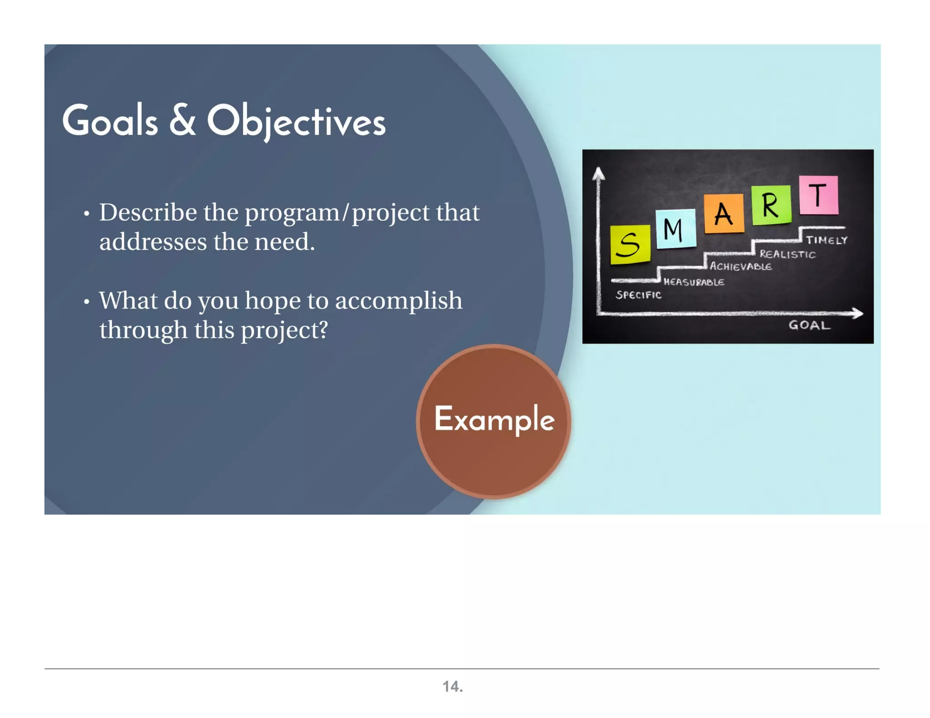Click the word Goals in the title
(110, 121)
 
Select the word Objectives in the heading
(296, 122)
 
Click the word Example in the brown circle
(494, 419)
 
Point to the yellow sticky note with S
(630, 244)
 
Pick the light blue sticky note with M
(675, 229)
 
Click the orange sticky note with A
(724, 213)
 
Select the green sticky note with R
(771, 205)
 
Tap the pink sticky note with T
(818, 195)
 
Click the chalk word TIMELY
(826, 240)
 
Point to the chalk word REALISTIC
(787, 254)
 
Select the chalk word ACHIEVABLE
(741, 266)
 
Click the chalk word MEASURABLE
(693, 282)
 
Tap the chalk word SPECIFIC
(638, 295)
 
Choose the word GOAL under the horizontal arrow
(809, 325)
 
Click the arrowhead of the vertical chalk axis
(599, 173)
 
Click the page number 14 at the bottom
(452, 686)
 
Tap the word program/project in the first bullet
(337, 213)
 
